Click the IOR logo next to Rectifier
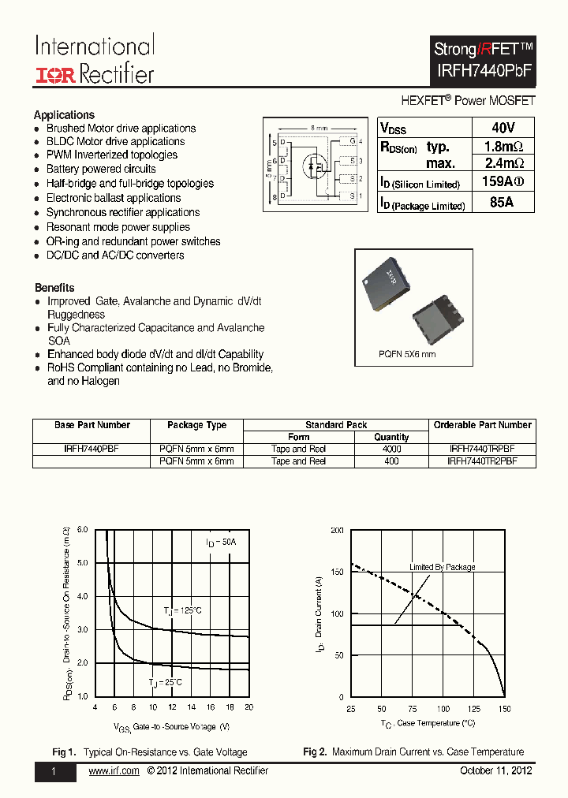(x=54, y=74)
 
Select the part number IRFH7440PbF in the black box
(x=484, y=69)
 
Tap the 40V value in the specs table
(x=503, y=128)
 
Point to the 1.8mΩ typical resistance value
(x=503, y=146)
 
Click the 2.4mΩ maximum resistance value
(x=503, y=163)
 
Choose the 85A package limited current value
(x=502, y=203)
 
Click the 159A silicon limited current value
(x=502, y=183)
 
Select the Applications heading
(x=64, y=114)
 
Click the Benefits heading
(x=54, y=288)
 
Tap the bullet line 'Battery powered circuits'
(x=101, y=169)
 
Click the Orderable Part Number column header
(x=482, y=425)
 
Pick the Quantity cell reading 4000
(x=391, y=449)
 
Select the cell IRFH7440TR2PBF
(x=482, y=461)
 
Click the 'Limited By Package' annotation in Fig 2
(x=442, y=567)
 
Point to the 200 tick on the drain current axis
(x=337, y=531)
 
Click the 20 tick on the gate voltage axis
(x=248, y=707)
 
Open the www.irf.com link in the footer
(x=114, y=770)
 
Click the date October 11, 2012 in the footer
(x=495, y=770)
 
